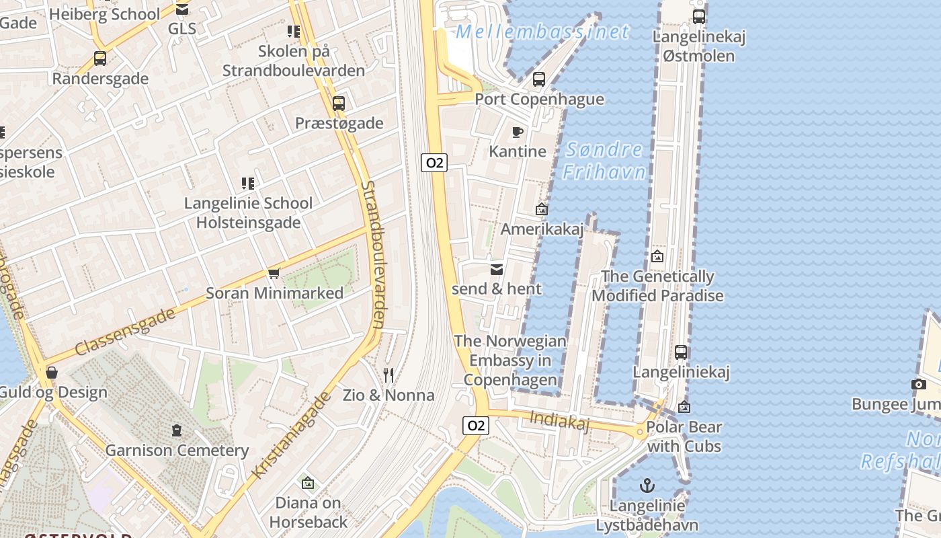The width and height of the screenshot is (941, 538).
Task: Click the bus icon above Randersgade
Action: click(100, 59)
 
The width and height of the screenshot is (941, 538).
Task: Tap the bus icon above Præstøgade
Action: click(339, 104)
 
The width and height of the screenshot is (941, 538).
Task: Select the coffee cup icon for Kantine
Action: click(517, 132)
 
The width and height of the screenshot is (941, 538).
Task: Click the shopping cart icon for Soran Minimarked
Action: click(274, 273)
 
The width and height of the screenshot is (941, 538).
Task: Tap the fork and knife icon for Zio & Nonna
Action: click(388, 375)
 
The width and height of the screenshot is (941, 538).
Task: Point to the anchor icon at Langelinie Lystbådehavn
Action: click(647, 485)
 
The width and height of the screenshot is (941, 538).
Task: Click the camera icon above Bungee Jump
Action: click(918, 385)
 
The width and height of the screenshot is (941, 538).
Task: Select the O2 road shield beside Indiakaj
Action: click(475, 425)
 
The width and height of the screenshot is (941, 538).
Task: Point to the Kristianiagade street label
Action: click(292, 435)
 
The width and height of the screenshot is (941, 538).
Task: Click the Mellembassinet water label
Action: click(542, 32)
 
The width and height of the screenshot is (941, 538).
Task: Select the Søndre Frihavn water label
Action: click(604, 161)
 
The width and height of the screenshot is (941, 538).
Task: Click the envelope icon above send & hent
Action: click(497, 270)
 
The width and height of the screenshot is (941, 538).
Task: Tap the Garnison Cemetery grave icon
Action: click(177, 430)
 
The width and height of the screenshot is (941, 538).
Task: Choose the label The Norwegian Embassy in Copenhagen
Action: click(510, 360)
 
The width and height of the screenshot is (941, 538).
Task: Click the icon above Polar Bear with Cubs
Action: click(684, 407)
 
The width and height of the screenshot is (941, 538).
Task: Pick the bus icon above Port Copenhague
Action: click(539, 79)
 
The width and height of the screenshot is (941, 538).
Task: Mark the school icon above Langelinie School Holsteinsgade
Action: click(248, 184)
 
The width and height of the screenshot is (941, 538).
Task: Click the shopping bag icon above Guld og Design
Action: click(52, 373)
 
